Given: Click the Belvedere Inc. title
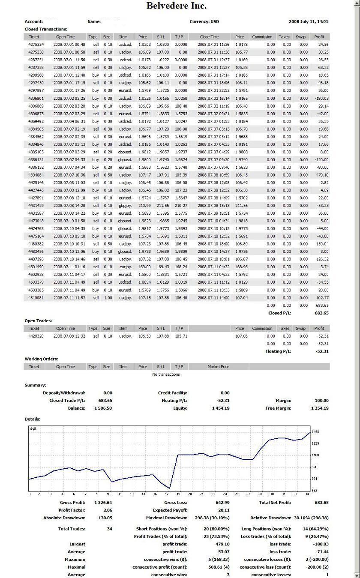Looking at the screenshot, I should (176, 6).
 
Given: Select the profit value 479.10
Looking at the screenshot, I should (322, 175).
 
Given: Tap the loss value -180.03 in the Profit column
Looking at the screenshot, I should (321, 99).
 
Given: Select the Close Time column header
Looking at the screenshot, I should (209, 37).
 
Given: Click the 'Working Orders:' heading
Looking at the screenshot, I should (41, 359).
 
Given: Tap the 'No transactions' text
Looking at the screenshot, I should (166, 374).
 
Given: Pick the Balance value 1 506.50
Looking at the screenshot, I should (103, 408).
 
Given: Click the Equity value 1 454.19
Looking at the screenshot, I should (221, 408).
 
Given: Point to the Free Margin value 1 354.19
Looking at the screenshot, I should (320, 408).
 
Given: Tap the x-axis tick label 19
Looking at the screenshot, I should (178, 494).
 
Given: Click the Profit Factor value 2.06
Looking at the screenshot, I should (108, 510).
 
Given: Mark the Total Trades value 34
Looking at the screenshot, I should (109, 529).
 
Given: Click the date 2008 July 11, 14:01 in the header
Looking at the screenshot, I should (309, 21).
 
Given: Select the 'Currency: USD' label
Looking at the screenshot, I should (204, 21).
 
